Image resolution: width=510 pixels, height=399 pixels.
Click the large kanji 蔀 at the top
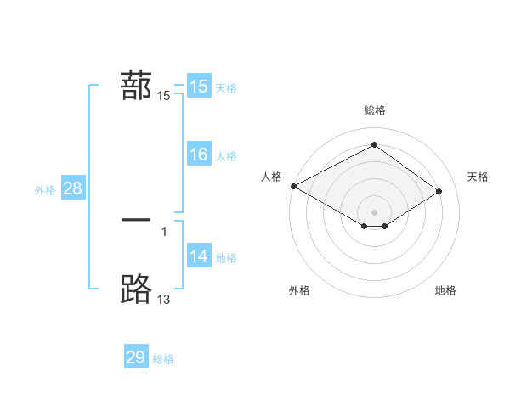coord(137,87)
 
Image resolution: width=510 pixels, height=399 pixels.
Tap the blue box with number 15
coord(198,87)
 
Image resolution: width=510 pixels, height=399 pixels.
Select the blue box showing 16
coord(198,155)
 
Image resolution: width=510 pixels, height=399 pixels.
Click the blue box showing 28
coord(72,188)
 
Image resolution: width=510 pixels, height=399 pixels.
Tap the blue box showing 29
coord(136,357)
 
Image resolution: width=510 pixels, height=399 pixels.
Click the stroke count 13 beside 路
coord(163,300)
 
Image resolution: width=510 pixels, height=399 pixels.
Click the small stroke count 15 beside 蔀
coord(163,96)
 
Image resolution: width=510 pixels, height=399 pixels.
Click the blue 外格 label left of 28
coord(45,190)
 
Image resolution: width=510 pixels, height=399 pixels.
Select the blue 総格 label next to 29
coord(163,359)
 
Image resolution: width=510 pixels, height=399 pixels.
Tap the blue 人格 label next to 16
coord(226,156)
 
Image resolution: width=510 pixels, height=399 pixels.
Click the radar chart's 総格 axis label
coord(375,110)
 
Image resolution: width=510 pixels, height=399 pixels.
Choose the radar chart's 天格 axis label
coord(478,177)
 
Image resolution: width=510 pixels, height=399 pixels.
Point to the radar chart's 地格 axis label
coord(445,290)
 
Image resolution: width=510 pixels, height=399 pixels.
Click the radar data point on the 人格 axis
coord(293,186)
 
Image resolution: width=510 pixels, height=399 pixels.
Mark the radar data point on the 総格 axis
coord(375,144)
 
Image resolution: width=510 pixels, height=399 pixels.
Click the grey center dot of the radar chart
coord(375,212)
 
